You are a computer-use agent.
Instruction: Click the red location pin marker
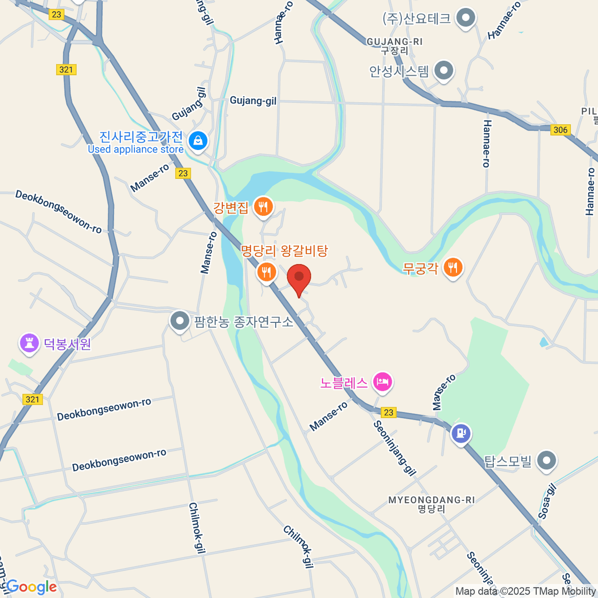click(299, 278)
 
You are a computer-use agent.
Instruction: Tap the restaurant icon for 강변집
click(263, 206)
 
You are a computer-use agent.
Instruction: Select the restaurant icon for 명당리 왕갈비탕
click(267, 272)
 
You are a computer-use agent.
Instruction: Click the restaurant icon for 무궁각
click(452, 268)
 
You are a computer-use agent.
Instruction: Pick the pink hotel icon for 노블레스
click(383, 383)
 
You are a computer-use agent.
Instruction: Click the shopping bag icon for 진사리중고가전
click(198, 141)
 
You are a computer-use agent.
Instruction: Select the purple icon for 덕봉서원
click(29, 343)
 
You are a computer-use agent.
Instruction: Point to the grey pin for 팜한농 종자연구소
click(179, 321)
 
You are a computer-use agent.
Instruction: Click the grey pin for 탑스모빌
click(547, 461)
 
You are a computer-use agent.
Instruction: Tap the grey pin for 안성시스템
click(444, 71)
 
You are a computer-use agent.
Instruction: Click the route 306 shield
click(561, 130)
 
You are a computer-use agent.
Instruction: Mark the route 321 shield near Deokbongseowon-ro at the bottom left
click(32, 399)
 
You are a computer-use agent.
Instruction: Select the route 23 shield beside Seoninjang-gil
click(389, 412)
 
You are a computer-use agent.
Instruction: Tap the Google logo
click(31, 587)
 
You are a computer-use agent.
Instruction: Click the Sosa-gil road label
click(547, 501)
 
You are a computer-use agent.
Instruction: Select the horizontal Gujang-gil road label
click(253, 101)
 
